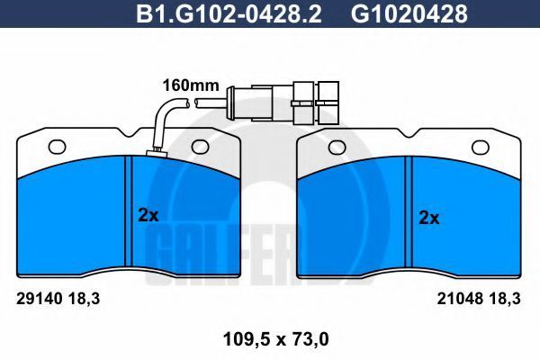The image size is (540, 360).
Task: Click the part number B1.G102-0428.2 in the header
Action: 229,13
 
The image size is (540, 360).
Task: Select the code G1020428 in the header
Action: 409,13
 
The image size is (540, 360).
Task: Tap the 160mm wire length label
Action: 191,85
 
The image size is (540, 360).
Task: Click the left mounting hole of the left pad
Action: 58,147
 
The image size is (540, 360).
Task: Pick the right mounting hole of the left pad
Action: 201,147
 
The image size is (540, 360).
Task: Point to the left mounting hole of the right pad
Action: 337,148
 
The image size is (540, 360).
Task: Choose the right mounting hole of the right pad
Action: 481,148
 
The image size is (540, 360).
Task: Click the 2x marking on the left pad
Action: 148,215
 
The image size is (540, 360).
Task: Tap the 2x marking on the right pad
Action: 429,218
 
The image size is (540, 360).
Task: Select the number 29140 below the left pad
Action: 40,299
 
